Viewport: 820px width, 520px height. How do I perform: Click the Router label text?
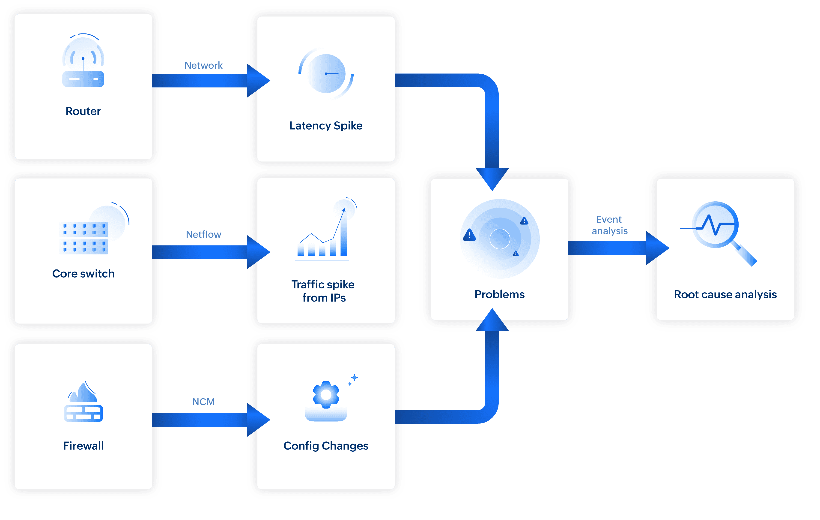pos(83,111)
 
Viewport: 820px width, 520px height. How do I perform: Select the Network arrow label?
pos(203,66)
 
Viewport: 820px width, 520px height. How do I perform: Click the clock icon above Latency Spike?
pos(326,73)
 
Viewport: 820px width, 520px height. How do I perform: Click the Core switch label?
pos(83,273)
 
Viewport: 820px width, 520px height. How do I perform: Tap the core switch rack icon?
pos(84,238)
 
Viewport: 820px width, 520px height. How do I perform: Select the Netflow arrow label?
pos(203,234)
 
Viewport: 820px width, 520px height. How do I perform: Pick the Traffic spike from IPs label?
pos(323,291)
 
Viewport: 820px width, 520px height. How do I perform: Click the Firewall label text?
pos(83,446)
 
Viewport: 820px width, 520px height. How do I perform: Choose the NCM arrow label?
pos(203,402)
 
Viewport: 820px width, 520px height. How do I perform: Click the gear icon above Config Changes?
pos(326,395)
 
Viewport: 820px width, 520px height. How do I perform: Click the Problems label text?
pos(500,294)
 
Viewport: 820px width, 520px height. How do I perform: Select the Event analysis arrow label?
pos(609,225)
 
